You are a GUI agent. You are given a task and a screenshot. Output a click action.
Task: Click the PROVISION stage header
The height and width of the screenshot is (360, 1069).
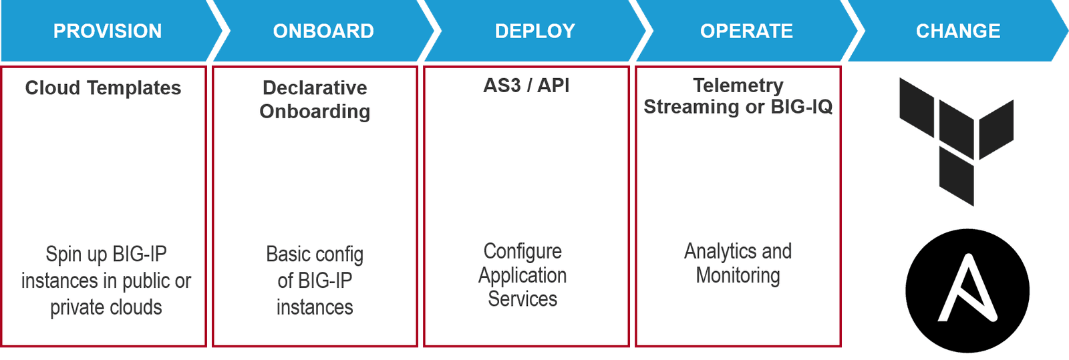point(107,31)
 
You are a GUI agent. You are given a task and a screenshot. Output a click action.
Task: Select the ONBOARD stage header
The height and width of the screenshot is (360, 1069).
point(323,31)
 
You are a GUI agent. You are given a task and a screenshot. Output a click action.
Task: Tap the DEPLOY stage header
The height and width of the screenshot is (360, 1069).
point(534,31)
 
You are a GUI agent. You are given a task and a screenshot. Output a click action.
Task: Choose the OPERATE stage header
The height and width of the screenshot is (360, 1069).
point(746,31)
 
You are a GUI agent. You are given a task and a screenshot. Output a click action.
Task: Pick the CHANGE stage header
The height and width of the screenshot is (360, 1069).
point(957,31)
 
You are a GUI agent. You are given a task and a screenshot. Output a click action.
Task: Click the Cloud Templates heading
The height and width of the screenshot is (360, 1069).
point(103,88)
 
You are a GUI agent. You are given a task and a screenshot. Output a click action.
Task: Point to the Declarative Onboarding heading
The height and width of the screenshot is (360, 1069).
point(315,100)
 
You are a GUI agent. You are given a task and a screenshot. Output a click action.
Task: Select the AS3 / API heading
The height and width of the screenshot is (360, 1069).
point(526,85)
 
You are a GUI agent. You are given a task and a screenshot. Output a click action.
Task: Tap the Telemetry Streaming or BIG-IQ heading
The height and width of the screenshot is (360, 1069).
point(738,96)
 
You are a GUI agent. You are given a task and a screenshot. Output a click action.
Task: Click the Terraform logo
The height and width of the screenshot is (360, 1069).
point(955,140)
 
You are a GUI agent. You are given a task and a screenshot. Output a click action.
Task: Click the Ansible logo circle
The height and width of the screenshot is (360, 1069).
point(967,291)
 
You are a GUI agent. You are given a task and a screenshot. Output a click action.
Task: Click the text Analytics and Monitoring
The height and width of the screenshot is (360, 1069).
point(738,263)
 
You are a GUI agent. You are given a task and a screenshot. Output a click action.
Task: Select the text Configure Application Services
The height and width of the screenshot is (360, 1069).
point(522,275)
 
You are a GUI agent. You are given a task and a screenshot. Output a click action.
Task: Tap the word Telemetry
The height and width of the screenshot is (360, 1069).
point(738,85)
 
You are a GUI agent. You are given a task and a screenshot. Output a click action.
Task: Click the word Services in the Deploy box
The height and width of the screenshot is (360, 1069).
point(522,299)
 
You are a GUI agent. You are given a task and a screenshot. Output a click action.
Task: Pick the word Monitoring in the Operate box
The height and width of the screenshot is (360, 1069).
point(738,275)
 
